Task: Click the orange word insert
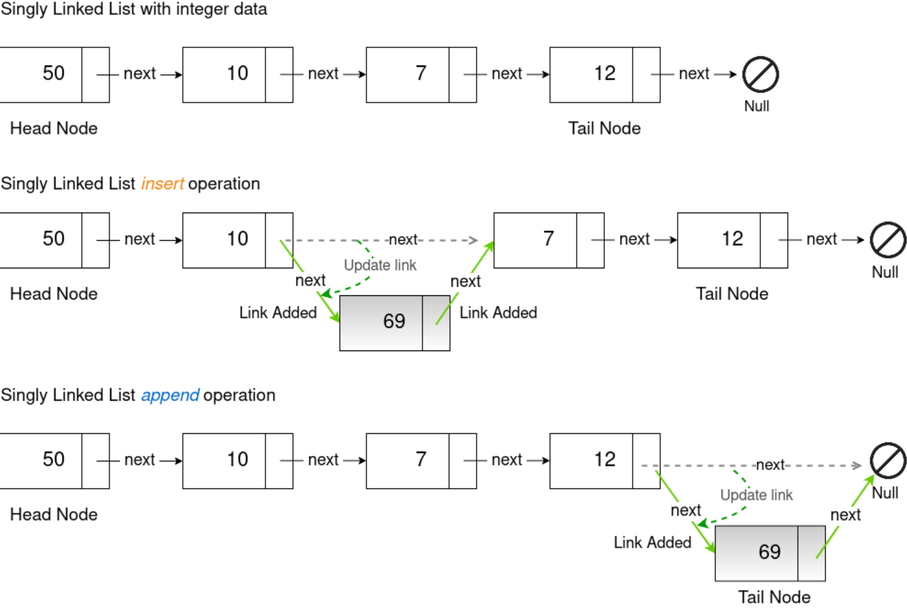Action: (x=162, y=184)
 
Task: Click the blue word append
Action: (x=170, y=395)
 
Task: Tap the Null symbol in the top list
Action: (x=760, y=75)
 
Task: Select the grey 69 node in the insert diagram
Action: (x=394, y=322)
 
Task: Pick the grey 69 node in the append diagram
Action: (x=769, y=553)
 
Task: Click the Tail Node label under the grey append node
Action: (x=774, y=597)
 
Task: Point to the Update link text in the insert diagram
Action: (x=380, y=265)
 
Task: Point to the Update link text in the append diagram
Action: (x=756, y=495)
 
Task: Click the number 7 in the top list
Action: (x=421, y=74)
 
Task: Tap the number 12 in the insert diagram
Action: (x=732, y=239)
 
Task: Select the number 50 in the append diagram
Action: (x=54, y=460)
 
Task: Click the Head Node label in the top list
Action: (x=54, y=129)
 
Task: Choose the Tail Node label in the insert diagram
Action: (x=732, y=294)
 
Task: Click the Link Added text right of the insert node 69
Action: (x=498, y=313)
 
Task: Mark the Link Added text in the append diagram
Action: (x=652, y=543)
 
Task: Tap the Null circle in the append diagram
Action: (x=887, y=461)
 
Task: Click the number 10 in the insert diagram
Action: (x=237, y=239)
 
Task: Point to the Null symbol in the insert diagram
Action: (x=887, y=240)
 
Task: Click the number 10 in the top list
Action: (x=237, y=74)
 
